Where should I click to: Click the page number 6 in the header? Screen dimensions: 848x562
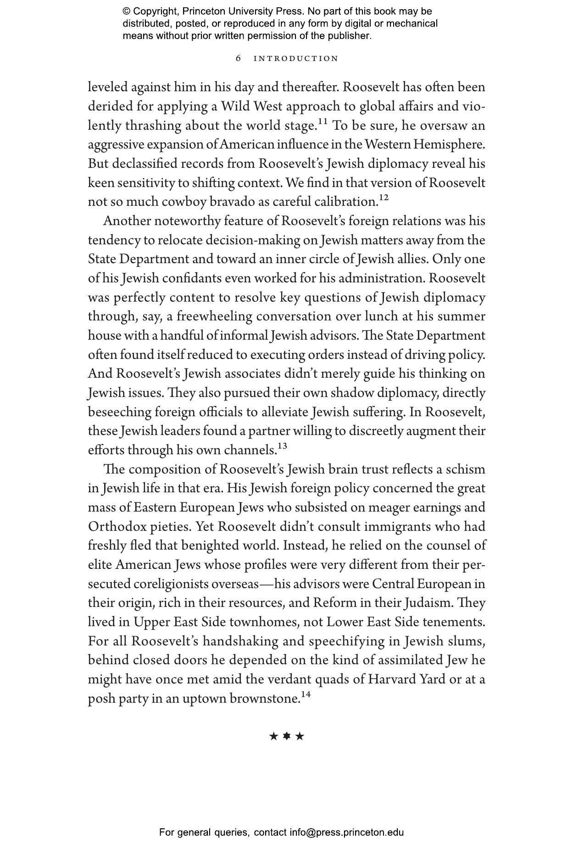[x=238, y=58]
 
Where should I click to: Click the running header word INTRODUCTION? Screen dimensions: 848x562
[x=296, y=59]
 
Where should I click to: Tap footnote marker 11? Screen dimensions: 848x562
[x=323, y=121]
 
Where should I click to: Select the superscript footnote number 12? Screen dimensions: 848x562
[x=384, y=198]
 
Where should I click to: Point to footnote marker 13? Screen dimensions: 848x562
[x=282, y=446]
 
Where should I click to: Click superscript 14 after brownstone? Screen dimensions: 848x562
[x=306, y=694]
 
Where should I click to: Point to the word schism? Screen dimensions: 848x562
[x=465, y=469]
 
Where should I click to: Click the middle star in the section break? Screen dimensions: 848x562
[x=287, y=736]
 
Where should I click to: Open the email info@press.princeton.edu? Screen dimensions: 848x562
[x=346, y=832]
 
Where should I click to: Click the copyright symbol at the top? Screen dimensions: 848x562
[x=127, y=11]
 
